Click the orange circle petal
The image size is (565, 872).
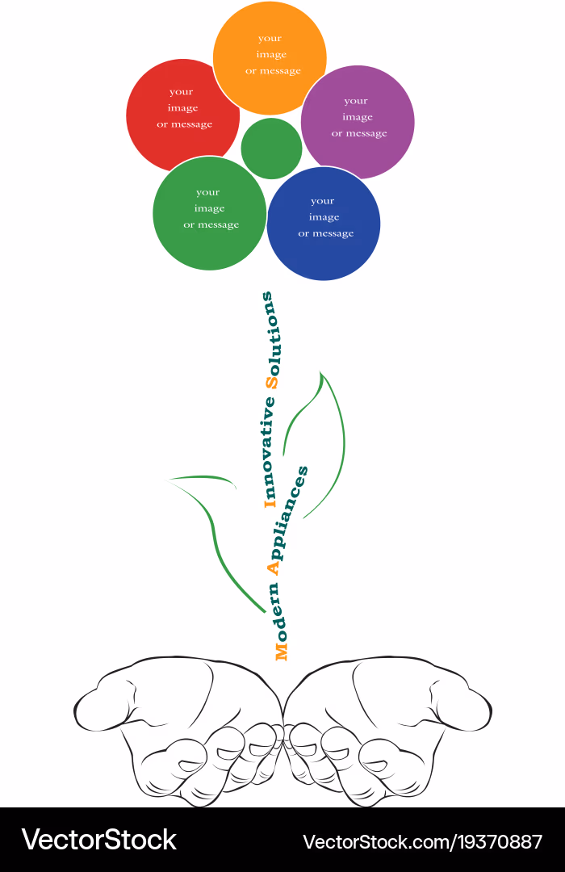point(270,58)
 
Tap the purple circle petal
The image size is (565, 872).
point(358,123)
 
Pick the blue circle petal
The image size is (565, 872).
point(324,224)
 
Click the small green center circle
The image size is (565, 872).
point(271,149)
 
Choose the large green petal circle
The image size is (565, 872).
point(210,213)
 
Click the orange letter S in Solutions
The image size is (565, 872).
point(272,383)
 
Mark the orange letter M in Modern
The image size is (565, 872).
point(282,652)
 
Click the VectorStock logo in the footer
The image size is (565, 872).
point(99,840)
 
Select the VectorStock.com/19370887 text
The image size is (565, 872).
point(423,842)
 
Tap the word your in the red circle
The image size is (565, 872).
point(182,92)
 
